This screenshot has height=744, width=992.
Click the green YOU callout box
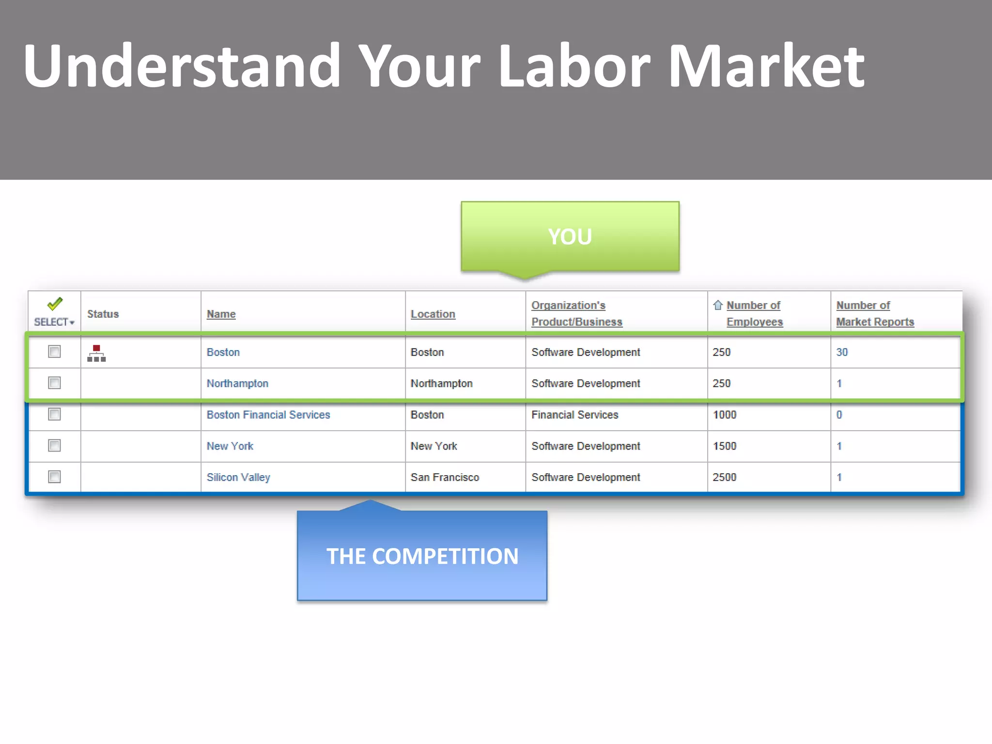point(570,236)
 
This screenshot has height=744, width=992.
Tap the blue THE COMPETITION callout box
point(422,556)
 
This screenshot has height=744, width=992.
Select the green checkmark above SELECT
point(55,304)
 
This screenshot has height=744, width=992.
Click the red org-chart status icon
point(96,353)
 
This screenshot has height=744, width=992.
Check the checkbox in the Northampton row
point(54,383)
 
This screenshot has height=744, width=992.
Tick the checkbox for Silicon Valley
point(54,477)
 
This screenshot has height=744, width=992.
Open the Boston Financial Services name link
point(268,415)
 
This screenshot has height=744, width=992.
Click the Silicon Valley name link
point(238,477)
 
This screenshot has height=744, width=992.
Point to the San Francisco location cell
point(445,477)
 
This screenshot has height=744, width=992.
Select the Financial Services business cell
point(574,415)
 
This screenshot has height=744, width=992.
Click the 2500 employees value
point(724,477)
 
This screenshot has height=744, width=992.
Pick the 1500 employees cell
point(724,446)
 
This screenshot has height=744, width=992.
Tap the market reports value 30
point(842,352)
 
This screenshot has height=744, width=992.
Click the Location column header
point(433,314)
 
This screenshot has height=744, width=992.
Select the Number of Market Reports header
point(874,313)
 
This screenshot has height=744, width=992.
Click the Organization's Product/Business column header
point(576,313)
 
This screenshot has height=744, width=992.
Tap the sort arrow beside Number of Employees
point(717,305)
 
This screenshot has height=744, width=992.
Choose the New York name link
point(230,446)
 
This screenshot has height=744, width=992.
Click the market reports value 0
point(839,415)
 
